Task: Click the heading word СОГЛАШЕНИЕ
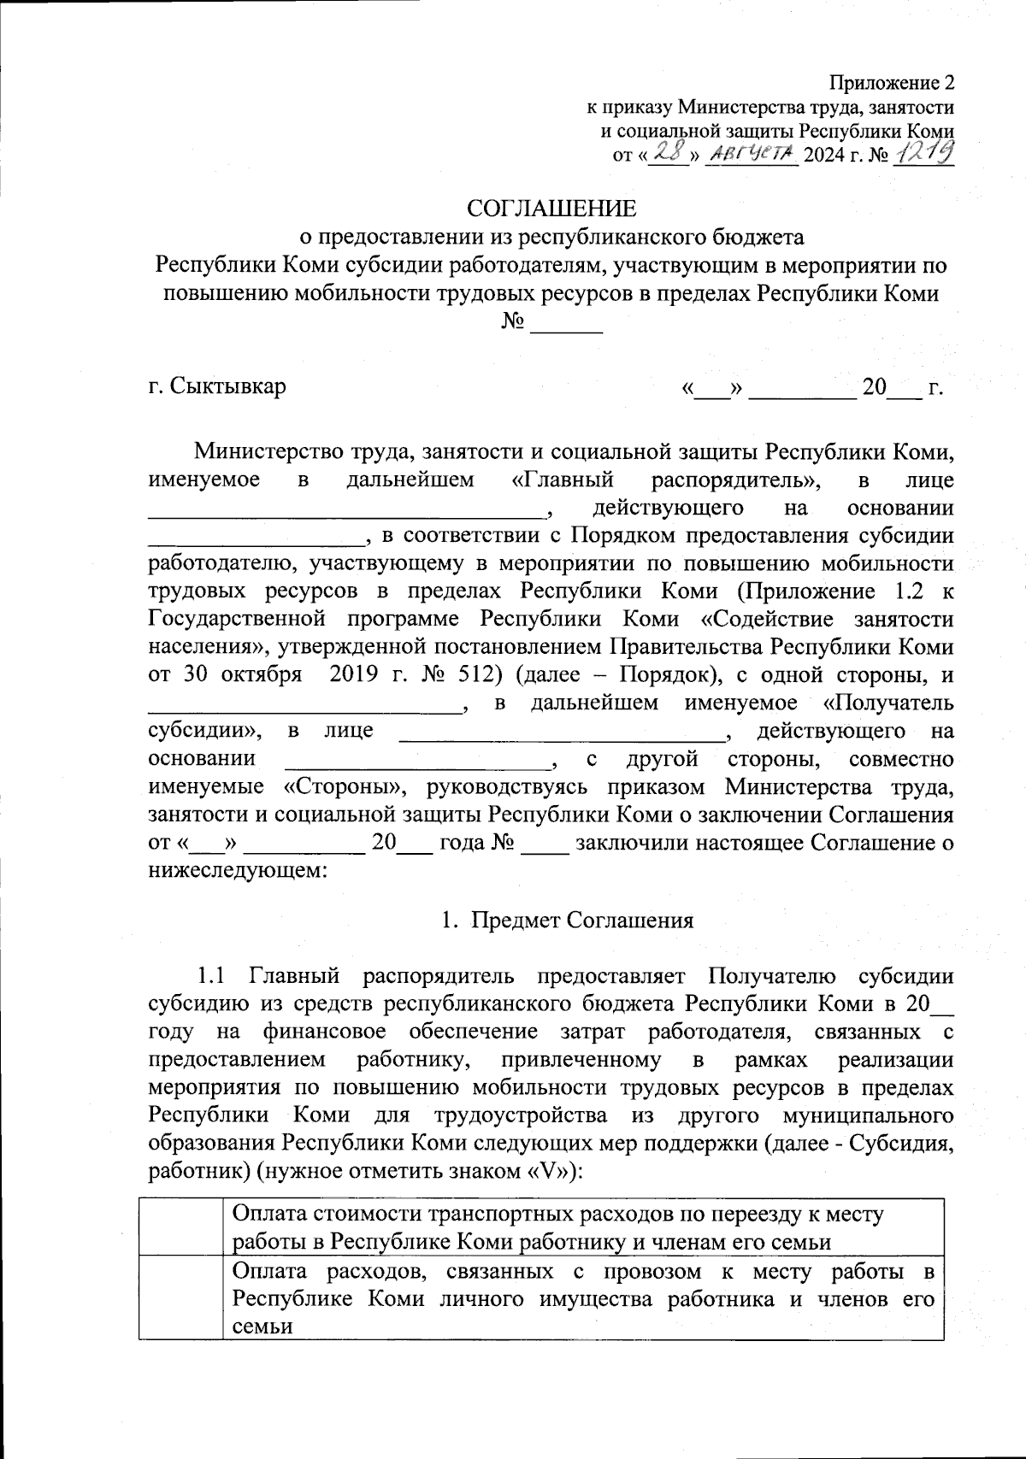551,209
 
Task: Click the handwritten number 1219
923,155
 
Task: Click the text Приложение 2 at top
891,83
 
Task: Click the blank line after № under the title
567,325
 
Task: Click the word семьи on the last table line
262,1327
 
